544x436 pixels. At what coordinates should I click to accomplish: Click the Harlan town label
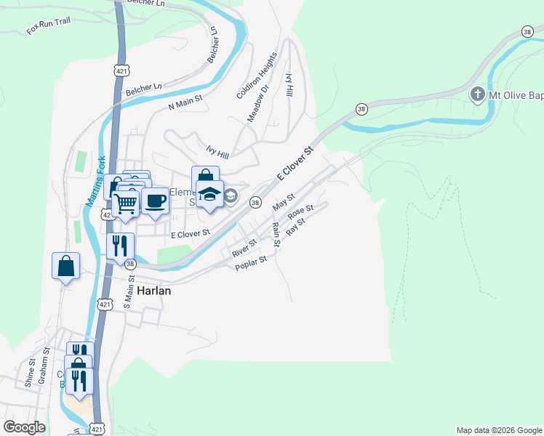click(x=152, y=290)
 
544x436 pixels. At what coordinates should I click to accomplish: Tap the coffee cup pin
click(x=155, y=201)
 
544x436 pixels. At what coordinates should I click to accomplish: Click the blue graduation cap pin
click(x=209, y=194)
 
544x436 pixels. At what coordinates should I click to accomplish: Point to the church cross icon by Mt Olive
click(x=477, y=94)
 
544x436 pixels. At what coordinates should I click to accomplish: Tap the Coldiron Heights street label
click(x=257, y=76)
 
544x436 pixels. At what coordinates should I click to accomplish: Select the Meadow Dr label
click(x=258, y=103)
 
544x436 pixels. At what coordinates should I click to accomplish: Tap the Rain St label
click(x=276, y=233)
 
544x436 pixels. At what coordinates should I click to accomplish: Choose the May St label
click(x=283, y=203)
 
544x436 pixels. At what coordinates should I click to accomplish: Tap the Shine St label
click(x=31, y=373)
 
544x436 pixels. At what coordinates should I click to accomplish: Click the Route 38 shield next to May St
click(x=255, y=203)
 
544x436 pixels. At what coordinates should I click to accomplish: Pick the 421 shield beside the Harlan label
click(x=105, y=304)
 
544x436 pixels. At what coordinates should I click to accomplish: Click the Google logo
click(x=24, y=427)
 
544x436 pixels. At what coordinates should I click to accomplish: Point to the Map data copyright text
click(x=499, y=430)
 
